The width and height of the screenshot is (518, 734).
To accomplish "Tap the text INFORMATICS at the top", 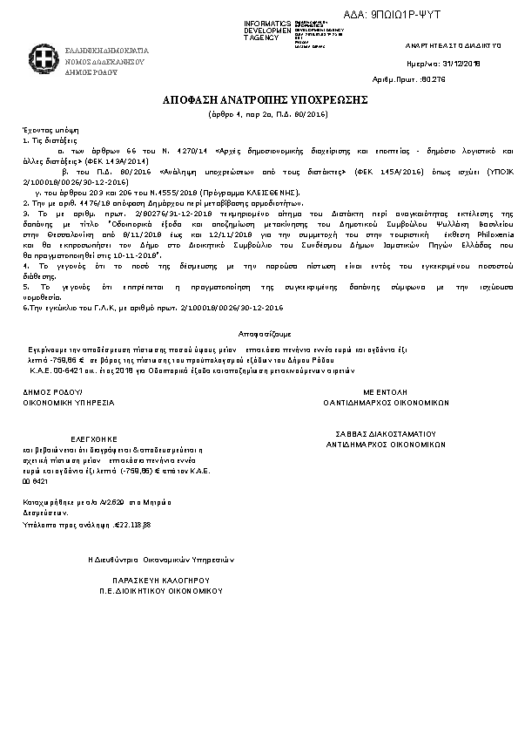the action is [x=268, y=22].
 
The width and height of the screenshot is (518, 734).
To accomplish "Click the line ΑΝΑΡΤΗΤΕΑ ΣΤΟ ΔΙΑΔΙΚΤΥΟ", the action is [x=453, y=44].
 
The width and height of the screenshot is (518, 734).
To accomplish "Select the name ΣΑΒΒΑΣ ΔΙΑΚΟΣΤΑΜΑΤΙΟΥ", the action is [x=386, y=433].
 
